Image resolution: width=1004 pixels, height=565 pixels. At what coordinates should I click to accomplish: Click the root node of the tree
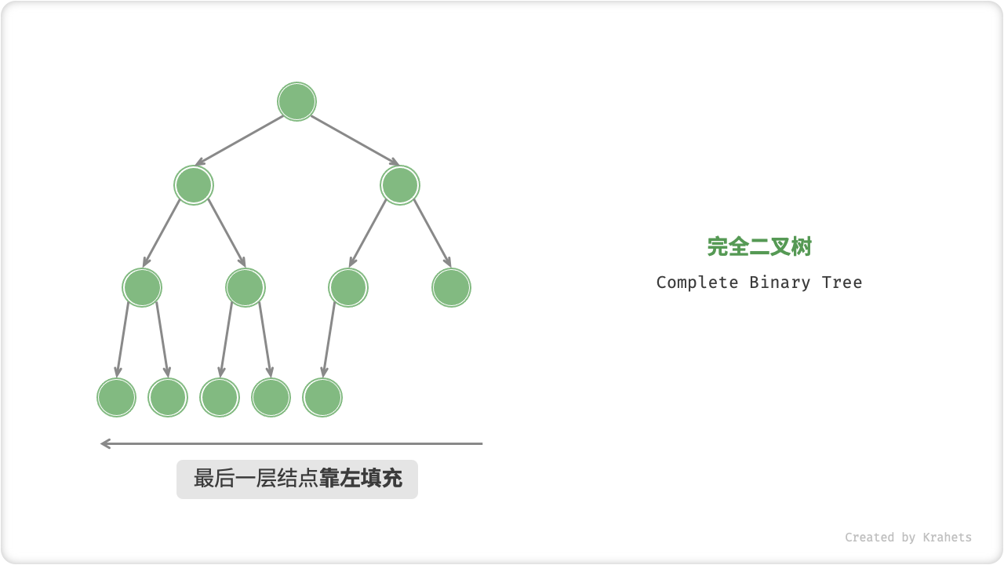296,102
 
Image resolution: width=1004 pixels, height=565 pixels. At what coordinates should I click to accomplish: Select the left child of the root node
194,185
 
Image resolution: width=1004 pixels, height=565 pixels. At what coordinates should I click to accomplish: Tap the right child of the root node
400,185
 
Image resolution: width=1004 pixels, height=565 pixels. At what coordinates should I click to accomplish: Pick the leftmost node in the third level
142,287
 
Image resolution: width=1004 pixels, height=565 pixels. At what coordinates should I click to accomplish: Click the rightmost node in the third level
451,287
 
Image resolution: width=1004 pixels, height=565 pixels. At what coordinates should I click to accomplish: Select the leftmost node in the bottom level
116,397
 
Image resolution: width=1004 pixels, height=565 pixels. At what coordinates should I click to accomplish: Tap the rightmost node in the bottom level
322,397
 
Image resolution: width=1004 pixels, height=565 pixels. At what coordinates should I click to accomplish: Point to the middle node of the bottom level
220,397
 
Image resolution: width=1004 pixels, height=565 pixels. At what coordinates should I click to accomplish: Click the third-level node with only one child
348,287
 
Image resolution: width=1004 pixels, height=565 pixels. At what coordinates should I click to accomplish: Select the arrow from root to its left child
239,141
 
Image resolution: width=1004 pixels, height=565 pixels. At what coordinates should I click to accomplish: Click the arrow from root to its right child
355,141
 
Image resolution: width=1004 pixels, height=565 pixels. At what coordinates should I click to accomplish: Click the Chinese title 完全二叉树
759,246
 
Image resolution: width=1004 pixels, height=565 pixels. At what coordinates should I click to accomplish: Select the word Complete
697,282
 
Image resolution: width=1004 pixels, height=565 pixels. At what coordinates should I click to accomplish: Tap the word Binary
780,282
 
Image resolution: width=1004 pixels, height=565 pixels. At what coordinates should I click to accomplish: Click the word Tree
842,282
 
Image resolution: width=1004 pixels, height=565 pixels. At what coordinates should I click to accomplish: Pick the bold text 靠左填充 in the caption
361,479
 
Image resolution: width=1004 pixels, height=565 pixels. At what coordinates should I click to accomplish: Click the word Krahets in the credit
947,538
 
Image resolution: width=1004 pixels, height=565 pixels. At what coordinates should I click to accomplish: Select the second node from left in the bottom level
168,397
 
